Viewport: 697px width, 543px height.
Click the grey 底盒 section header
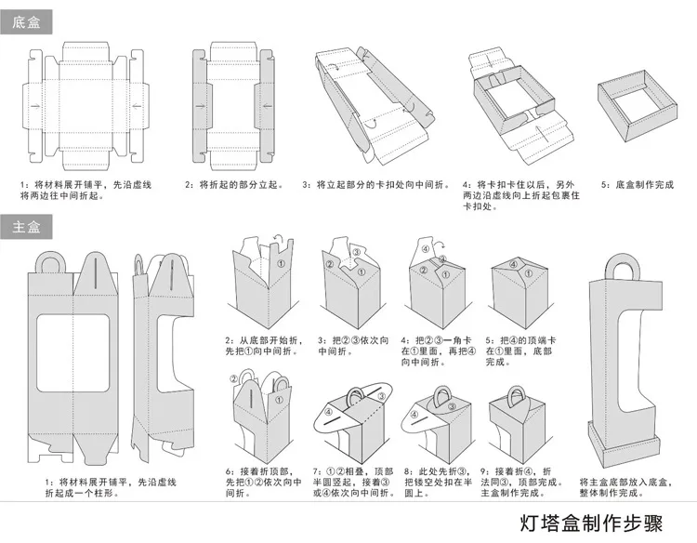click(x=26, y=21)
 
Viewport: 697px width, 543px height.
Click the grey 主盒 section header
click(x=26, y=227)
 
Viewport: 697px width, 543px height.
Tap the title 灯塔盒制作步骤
click(x=591, y=523)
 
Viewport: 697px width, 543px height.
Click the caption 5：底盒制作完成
click(x=638, y=185)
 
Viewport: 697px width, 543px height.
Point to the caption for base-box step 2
click(x=234, y=185)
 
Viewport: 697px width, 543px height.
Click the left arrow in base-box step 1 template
click(x=35, y=106)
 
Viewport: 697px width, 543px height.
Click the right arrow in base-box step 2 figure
click(x=267, y=106)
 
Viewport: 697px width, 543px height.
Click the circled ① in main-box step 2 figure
click(x=281, y=263)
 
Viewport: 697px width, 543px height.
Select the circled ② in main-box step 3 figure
click(x=329, y=264)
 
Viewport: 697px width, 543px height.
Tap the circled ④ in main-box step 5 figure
click(x=513, y=265)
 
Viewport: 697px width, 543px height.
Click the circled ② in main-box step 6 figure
click(x=234, y=379)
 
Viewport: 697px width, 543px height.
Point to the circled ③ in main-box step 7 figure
click(x=381, y=396)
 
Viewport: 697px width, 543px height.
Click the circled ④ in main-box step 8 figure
click(x=414, y=415)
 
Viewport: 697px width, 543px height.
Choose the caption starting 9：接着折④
click(x=521, y=482)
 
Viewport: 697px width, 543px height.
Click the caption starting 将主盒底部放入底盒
click(x=625, y=487)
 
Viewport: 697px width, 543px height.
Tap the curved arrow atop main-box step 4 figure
click(x=440, y=245)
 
